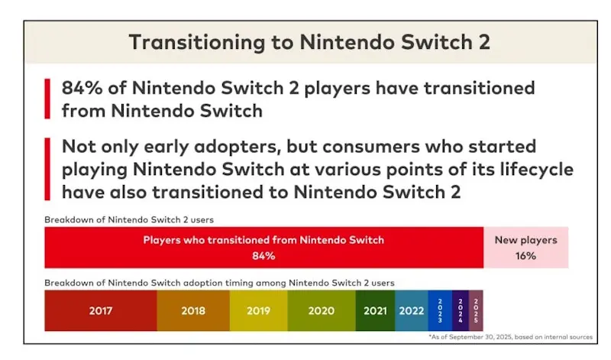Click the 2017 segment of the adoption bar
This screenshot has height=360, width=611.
tap(100, 311)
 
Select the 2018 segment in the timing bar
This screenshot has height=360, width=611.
tap(193, 311)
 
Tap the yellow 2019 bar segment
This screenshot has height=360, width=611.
tap(258, 311)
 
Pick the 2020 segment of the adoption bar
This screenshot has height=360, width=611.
tap(322, 311)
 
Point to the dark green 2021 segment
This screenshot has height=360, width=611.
tap(375, 311)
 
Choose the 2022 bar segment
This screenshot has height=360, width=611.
tap(411, 311)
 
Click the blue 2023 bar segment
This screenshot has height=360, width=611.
tap(439, 311)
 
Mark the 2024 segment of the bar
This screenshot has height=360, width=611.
tap(461, 311)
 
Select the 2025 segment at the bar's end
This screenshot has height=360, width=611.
tap(476, 311)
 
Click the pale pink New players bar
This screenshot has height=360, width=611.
tap(525, 248)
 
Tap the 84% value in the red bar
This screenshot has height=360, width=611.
tap(263, 256)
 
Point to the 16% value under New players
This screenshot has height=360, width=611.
tap(525, 256)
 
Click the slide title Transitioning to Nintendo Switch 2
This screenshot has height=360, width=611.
tap(309, 42)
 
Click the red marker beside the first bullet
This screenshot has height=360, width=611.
tap(47, 99)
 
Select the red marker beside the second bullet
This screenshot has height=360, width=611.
tap(47, 168)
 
